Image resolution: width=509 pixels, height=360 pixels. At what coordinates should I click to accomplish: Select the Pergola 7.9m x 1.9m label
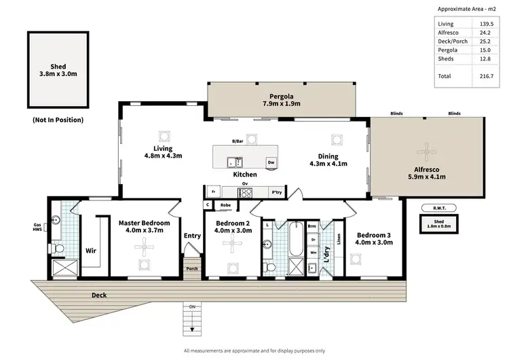pyautogui.click(x=281, y=99)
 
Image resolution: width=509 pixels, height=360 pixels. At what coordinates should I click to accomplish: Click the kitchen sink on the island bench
pyautogui.click(x=235, y=162)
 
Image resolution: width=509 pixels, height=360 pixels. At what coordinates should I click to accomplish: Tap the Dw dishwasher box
pyautogui.click(x=271, y=162)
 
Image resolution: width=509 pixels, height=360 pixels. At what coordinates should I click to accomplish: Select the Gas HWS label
pyautogui.click(x=38, y=228)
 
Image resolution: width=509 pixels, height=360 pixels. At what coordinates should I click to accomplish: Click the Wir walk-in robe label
pyautogui.click(x=90, y=250)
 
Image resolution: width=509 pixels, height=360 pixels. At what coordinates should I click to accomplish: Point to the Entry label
pyautogui.click(x=192, y=236)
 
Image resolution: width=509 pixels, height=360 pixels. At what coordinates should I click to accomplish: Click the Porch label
pyautogui.click(x=192, y=268)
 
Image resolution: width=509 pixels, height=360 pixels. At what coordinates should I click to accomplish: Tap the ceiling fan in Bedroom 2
pyautogui.click(x=233, y=248)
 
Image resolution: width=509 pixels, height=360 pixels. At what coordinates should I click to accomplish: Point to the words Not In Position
pyautogui.click(x=58, y=120)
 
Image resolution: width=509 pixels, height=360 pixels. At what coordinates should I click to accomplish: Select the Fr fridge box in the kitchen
pyautogui.click(x=214, y=192)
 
